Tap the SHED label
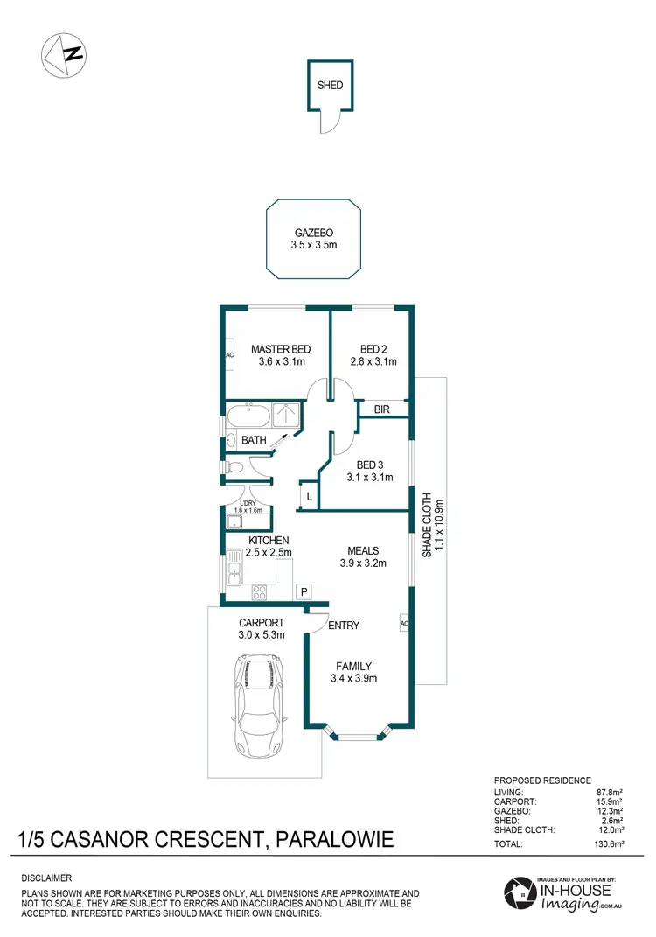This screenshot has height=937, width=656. point(330,86)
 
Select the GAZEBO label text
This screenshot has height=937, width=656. point(313,234)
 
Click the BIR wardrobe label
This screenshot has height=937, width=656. point(382,409)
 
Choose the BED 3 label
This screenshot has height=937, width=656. point(371,465)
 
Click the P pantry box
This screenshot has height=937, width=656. point(304,592)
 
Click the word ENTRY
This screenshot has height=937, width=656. point(344,625)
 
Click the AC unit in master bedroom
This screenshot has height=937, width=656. point(229,355)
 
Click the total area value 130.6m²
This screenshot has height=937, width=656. point(603,844)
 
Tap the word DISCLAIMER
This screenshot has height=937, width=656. point(46,877)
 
